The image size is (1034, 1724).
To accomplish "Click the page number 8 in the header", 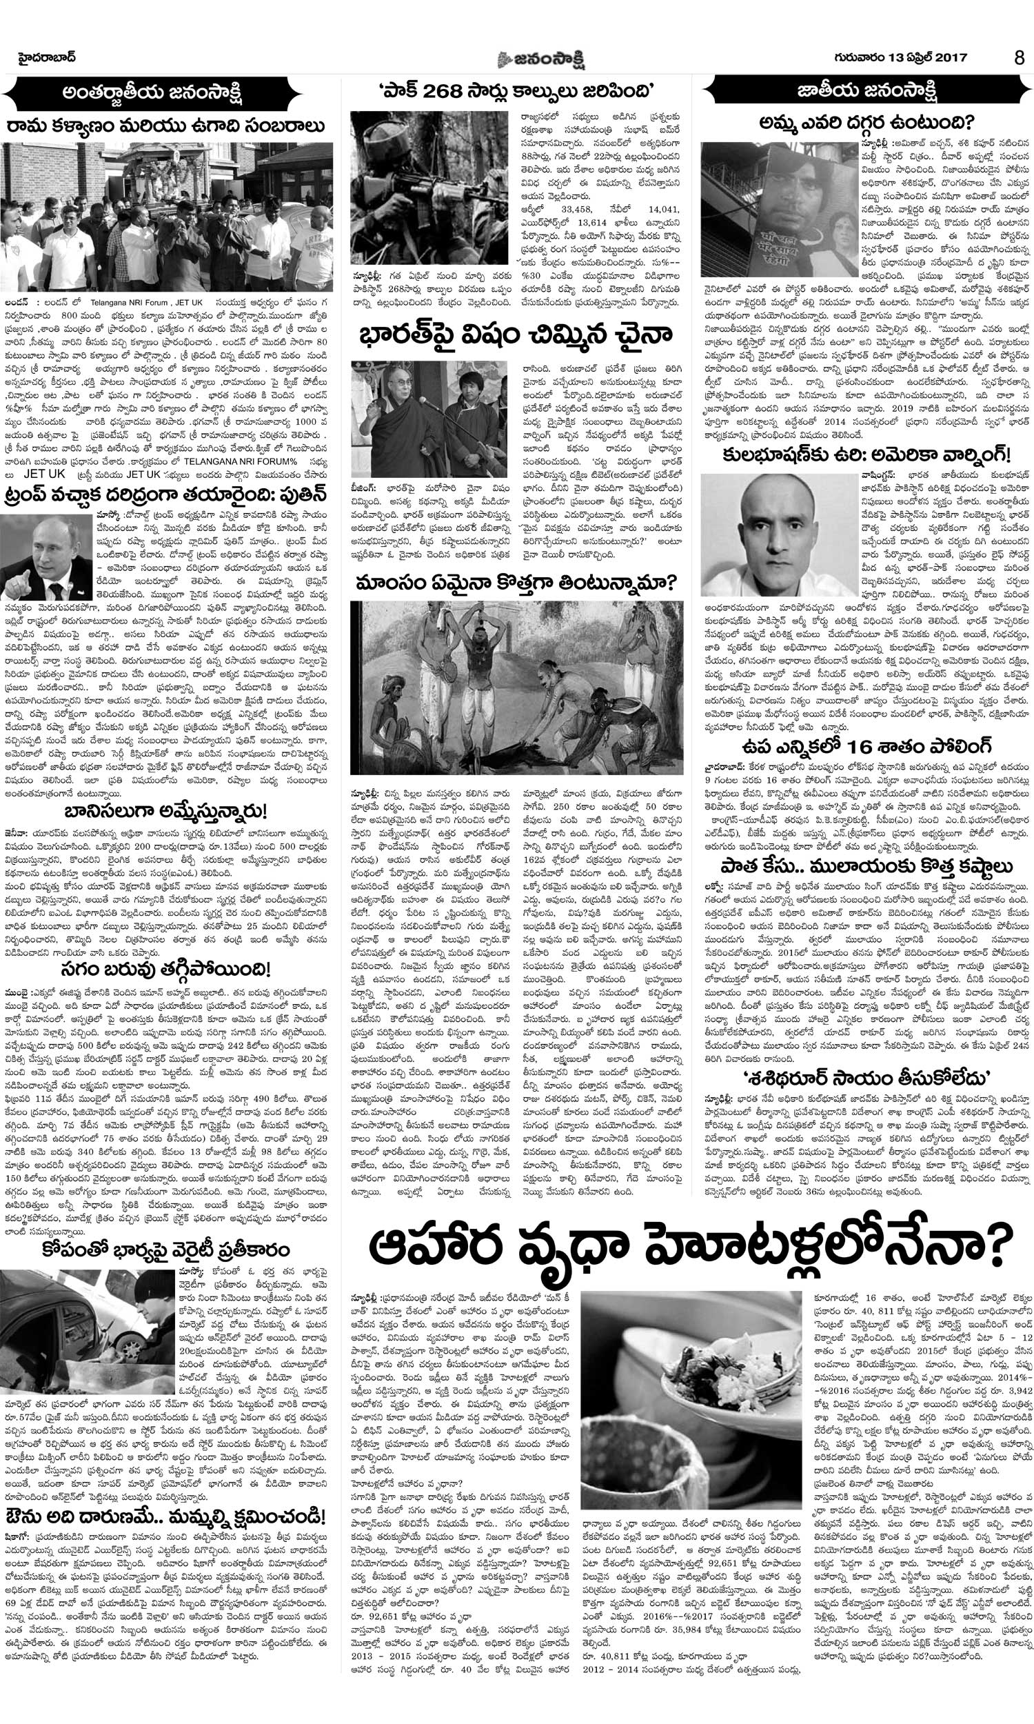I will point(1020,58).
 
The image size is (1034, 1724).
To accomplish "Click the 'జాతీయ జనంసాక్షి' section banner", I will point(866,90).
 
